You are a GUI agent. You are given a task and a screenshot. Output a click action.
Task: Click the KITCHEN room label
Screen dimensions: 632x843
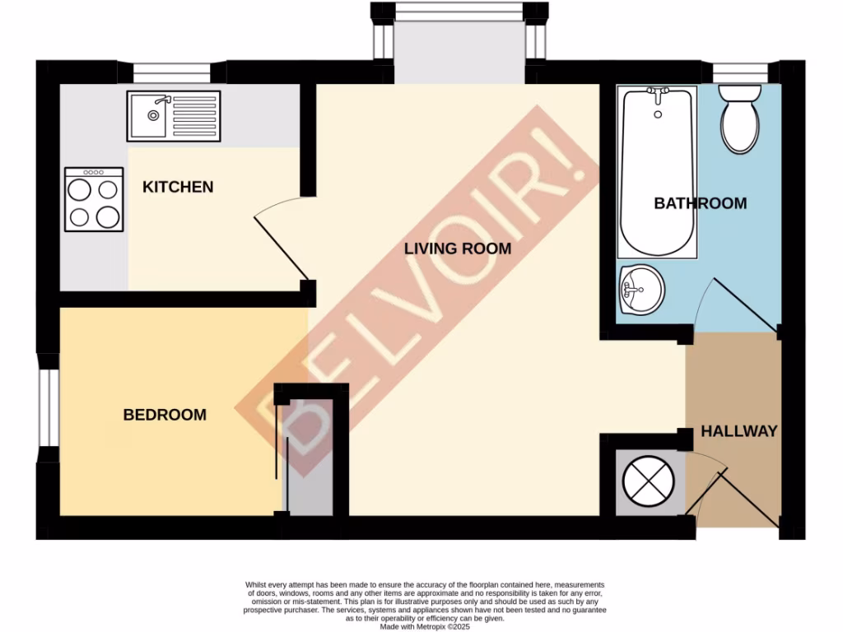tap(178, 188)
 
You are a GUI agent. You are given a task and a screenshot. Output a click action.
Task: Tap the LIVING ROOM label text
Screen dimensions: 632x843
tap(458, 249)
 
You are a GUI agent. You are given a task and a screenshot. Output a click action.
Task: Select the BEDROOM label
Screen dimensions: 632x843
tap(165, 415)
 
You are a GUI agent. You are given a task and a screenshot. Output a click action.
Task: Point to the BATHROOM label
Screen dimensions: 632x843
tap(700, 203)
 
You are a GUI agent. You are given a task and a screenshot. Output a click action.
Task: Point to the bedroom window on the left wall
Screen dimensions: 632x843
tap(49, 407)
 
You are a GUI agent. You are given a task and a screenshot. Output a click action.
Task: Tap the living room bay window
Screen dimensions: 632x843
tap(459, 41)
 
